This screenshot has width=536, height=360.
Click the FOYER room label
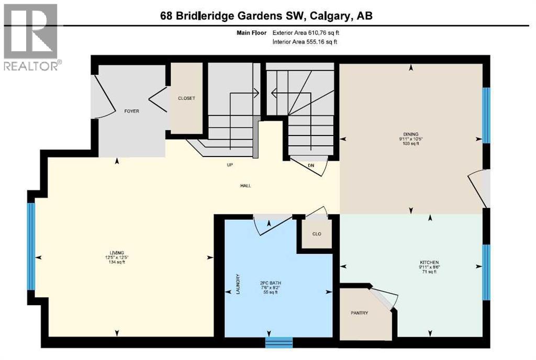click(131, 111)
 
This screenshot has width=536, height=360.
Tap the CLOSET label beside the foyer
click(187, 98)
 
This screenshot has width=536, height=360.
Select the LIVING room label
click(116, 252)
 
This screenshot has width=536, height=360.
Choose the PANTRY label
click(359, 313)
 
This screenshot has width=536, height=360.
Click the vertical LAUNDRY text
click(238, 285)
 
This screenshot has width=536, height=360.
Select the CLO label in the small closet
click(317, 234)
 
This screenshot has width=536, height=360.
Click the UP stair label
click(229, 165)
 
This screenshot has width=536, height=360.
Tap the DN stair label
click(311, 165)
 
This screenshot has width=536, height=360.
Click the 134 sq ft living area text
click(116, 262)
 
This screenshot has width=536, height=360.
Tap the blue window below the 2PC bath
click(278, 342)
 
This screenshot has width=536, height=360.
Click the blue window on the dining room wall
click(486, 115)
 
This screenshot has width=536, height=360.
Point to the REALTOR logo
click(31, 37)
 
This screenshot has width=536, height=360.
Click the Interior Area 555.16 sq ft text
click(305, 42)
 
